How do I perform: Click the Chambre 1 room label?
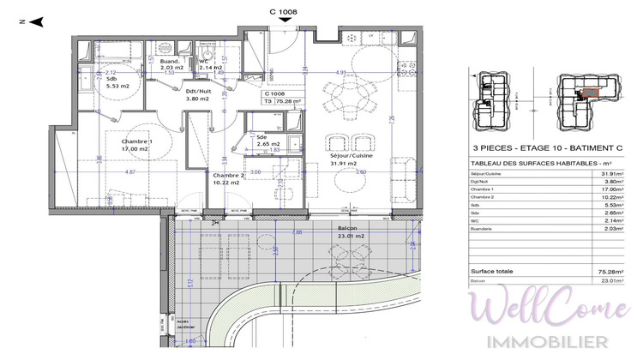(x=136, y=145)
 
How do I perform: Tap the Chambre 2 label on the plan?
(x=229, y=177)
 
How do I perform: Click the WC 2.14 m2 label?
(x=206, y=65)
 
